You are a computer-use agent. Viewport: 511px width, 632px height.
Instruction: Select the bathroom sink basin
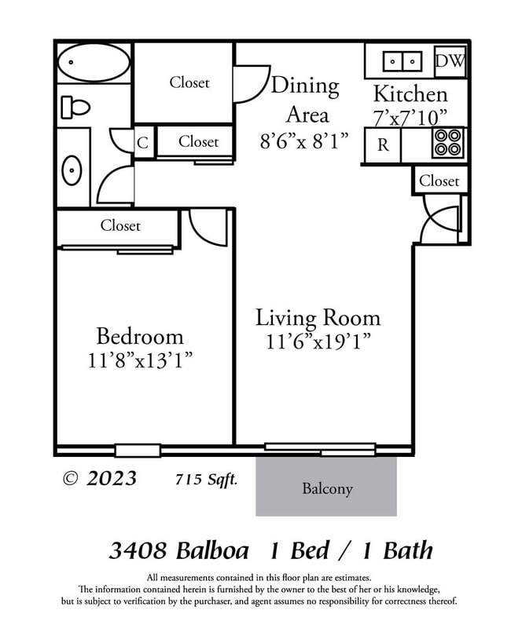72,169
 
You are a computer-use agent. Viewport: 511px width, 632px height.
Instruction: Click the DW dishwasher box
450,61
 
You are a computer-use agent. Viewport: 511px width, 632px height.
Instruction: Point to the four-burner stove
448,144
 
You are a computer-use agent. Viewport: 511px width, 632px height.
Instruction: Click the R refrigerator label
383,144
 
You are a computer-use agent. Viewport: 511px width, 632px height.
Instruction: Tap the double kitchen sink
402,60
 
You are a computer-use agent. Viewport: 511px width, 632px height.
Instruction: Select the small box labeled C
143,143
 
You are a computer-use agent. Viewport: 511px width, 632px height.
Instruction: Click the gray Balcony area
326,488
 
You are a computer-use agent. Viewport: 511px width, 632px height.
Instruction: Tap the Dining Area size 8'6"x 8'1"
305,141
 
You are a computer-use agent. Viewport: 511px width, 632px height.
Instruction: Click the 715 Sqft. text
207,479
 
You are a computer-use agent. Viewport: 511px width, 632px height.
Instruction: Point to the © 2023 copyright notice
99,478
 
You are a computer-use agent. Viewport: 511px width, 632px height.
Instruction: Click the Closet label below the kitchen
439,181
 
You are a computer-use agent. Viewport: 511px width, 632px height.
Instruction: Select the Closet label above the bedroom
120,226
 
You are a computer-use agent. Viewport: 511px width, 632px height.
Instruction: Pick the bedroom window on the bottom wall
138,451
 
